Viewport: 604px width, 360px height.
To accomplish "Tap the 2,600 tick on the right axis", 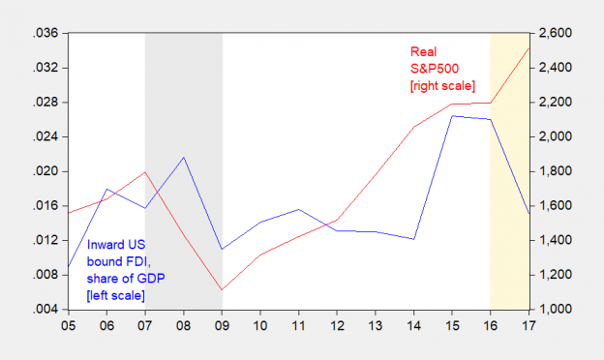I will click(x=556, y=33).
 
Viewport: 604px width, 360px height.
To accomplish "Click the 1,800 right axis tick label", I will click(x=556, y=171).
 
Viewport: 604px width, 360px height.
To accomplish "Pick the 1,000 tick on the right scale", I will click(x=556, y=310).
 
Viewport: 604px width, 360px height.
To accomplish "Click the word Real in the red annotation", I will click(x=423, y=51).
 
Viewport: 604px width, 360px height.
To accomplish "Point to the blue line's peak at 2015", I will click(x=452, y=116).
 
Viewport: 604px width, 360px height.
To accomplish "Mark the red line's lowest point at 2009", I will click(x=222, y=290).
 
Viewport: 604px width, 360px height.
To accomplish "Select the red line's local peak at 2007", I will click(x=144, y=172).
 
